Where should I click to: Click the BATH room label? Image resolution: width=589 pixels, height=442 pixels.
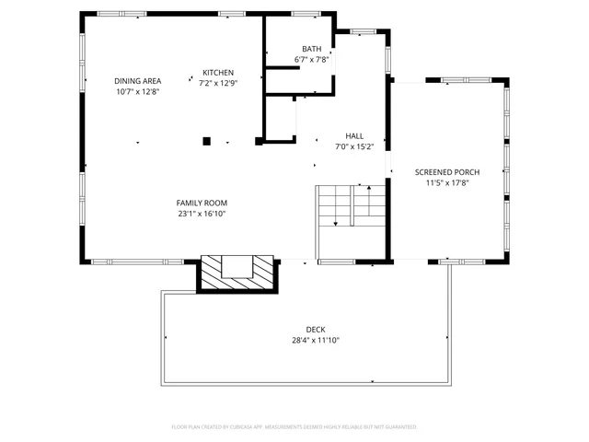click(311, 49)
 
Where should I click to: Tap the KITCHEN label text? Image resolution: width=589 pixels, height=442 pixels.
click(218, 73)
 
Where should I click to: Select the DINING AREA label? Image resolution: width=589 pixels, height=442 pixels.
click(137, 81)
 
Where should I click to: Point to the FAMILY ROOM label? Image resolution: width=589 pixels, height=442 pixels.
click(202, 203)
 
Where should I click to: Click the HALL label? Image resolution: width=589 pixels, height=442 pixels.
click(353, 135)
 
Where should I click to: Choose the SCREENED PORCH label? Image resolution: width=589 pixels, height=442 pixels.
click(446, 172)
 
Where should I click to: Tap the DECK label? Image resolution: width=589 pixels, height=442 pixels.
click(316, 330)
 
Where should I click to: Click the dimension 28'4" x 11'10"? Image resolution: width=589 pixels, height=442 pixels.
click(316, 340)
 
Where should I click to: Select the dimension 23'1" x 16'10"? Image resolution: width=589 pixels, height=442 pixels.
click(202, 214)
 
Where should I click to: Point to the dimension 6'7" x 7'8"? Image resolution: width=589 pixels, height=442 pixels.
click(311, 60)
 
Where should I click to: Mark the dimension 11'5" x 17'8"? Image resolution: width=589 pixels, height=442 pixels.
click(446, 183)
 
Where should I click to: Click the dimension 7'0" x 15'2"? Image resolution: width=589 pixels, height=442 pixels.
click(353, 146)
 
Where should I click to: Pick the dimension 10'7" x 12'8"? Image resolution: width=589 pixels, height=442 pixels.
click(137, 92)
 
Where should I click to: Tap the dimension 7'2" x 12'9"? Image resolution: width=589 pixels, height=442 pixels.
click(218, 84)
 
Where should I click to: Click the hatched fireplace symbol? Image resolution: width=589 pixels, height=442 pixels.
click(238, 273)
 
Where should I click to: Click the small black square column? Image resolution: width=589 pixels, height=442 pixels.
click(207, 141)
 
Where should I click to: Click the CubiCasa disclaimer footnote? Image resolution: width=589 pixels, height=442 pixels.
click(294, 427)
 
